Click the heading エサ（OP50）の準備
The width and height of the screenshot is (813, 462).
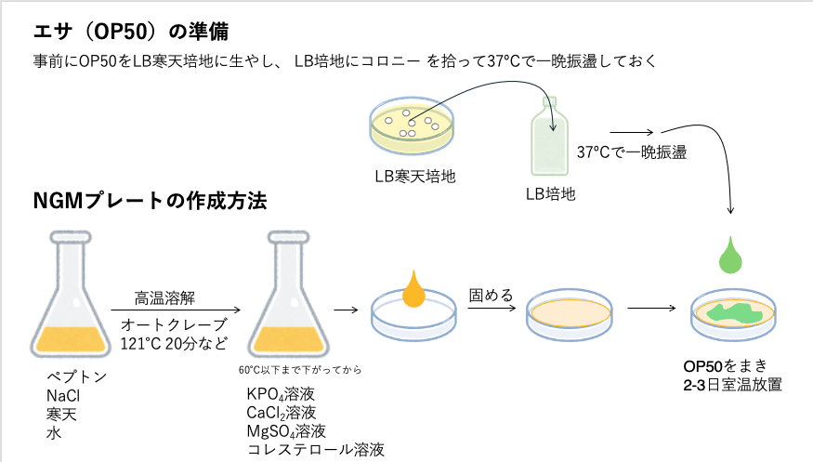(x=129, y=32)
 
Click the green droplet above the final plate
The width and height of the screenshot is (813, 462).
(x=732, y=255)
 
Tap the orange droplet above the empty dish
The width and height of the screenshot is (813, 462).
(x=414, y=290)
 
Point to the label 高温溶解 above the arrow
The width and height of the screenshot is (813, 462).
(x=164, y=297)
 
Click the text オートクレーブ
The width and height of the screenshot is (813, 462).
(x=174, y=324)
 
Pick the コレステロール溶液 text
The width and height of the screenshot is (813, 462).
(x=316, y=450)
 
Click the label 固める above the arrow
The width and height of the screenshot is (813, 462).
(x=491, y=296)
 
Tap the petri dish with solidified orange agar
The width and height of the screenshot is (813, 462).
(x=569, y=314)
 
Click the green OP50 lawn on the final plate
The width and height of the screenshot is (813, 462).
(x=733, y=314)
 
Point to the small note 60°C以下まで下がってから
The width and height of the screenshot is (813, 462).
(x=299, y=370)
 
